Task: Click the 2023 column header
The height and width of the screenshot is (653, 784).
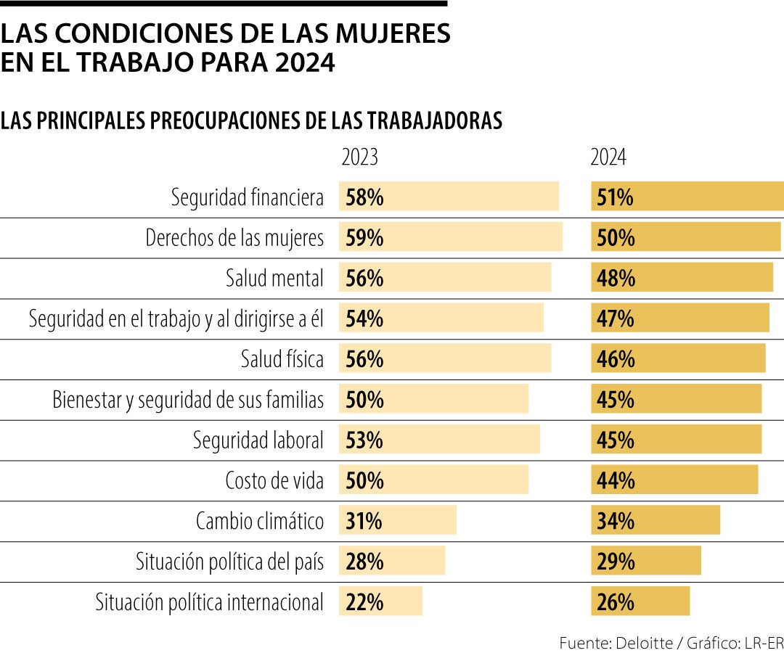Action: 359,158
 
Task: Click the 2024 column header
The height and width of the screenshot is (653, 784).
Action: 608,158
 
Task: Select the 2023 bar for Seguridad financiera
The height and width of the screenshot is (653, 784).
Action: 449,197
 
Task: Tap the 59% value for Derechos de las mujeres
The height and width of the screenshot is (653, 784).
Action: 364,238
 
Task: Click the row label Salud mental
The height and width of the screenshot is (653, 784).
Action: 274,279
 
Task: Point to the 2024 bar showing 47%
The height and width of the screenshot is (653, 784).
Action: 680,319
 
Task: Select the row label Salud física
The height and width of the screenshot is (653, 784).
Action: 282,359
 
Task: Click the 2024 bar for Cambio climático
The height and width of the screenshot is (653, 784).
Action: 656,521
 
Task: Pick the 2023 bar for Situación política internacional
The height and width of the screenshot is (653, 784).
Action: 380,602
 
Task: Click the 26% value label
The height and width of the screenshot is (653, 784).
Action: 615,602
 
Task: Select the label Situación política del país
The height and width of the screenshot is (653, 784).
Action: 229,562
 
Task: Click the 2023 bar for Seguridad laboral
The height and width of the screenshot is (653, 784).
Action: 439,440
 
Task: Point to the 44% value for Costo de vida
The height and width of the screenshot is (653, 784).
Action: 615,480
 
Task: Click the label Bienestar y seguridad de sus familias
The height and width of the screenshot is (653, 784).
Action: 188,400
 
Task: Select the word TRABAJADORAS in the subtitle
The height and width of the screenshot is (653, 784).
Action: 435,121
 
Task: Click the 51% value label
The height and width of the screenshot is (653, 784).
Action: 615,197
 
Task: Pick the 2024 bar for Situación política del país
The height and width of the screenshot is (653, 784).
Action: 646,562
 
